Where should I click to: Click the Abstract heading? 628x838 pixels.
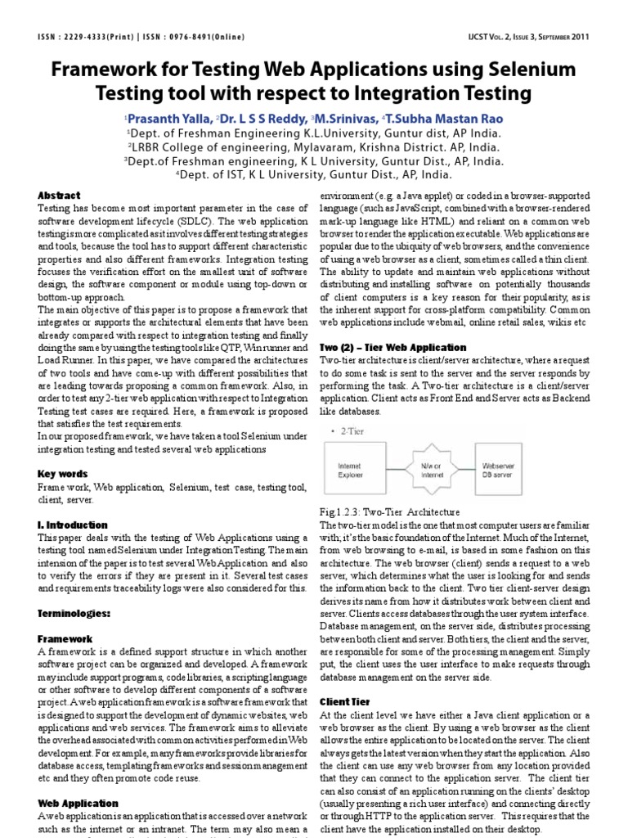(60, 196)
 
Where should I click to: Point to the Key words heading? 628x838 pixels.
(63, 474)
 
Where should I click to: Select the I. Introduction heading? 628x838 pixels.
(73, 525)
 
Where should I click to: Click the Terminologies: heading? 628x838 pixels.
(74, 613)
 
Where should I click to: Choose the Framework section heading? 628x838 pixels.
(65, 638)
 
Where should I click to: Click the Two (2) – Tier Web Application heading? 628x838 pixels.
(404, 348)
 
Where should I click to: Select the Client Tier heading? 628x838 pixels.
(344, 702)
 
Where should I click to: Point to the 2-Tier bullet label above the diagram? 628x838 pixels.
(355, 430)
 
